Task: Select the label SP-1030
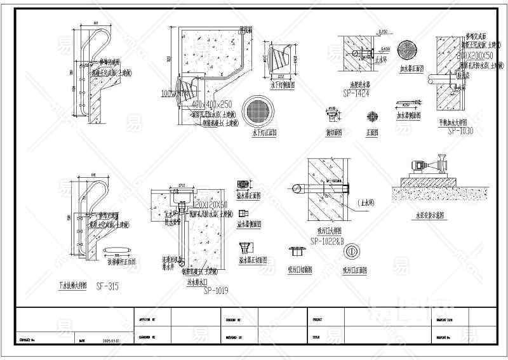tap(460, 131)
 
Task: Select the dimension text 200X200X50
tap(476, 56)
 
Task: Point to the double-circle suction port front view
tap(350, 251)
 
